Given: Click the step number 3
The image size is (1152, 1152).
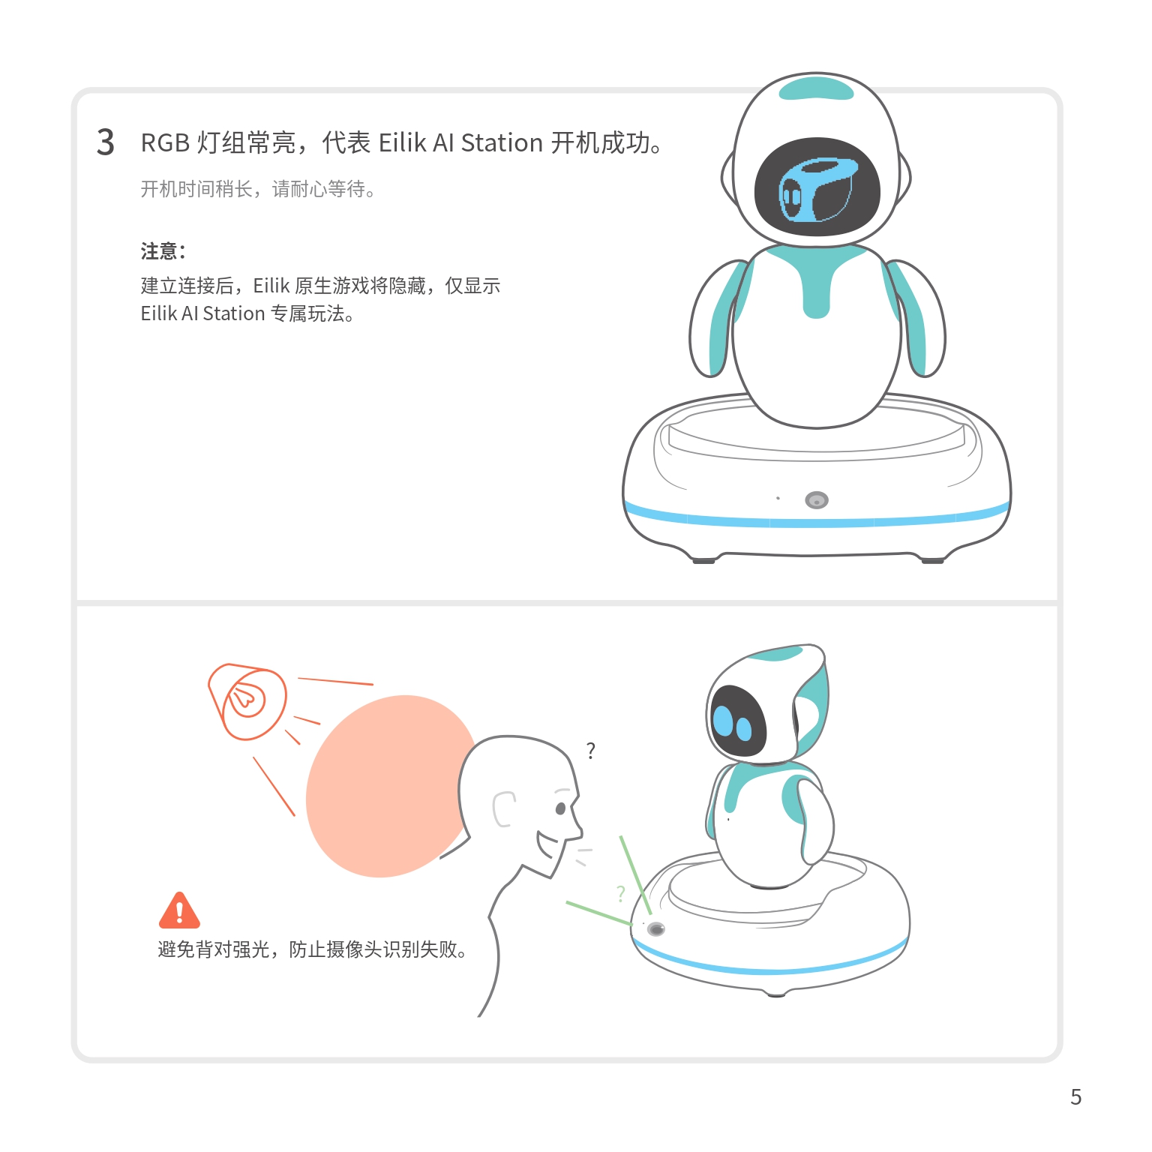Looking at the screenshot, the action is click(106, 142).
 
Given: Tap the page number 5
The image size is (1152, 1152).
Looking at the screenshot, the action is click(1075, 1097).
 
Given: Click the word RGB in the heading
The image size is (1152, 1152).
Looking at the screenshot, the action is click(165, 142).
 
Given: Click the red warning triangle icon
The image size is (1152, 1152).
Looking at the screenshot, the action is click(179, 910).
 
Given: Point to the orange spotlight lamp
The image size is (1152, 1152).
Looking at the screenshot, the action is click(247, 701).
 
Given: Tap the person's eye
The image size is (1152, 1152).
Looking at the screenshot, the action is click(560, 808).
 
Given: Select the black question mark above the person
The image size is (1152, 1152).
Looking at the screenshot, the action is click(591, 750).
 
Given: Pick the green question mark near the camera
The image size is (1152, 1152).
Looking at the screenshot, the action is click(621, 893).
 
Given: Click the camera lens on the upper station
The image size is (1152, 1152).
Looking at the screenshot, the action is click(817, 500).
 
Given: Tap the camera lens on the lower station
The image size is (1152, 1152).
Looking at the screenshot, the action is click(656, 929).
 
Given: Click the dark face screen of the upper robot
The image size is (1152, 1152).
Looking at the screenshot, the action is click(817, 187).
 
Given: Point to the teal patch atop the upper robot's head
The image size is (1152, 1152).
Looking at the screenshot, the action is click(817, 88).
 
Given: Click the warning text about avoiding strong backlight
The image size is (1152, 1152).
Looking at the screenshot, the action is click(313, 949).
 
